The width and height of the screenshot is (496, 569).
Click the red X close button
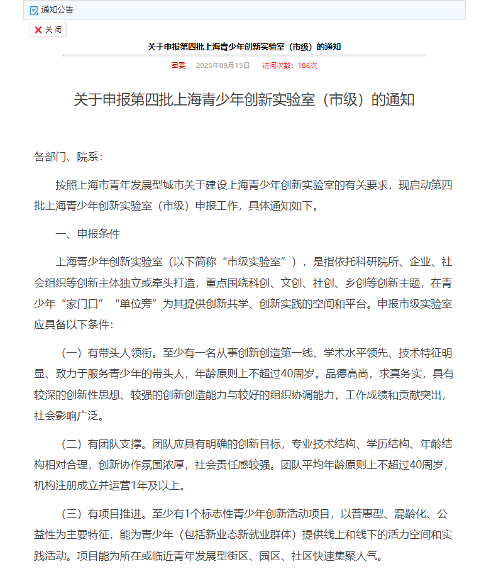coord(38,30)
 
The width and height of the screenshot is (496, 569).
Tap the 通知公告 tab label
coord(57,9)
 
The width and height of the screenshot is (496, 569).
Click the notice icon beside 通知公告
coord(34,10)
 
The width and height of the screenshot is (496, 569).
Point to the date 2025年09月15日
coord(223,65)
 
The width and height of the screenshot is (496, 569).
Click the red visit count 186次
coord(307,65)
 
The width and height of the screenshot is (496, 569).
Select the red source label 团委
coord(178,65)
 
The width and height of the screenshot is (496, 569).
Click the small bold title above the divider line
coord(244,47)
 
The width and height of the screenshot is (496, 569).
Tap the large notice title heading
coord(244,99)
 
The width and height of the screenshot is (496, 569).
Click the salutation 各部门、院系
coord(68,157)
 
